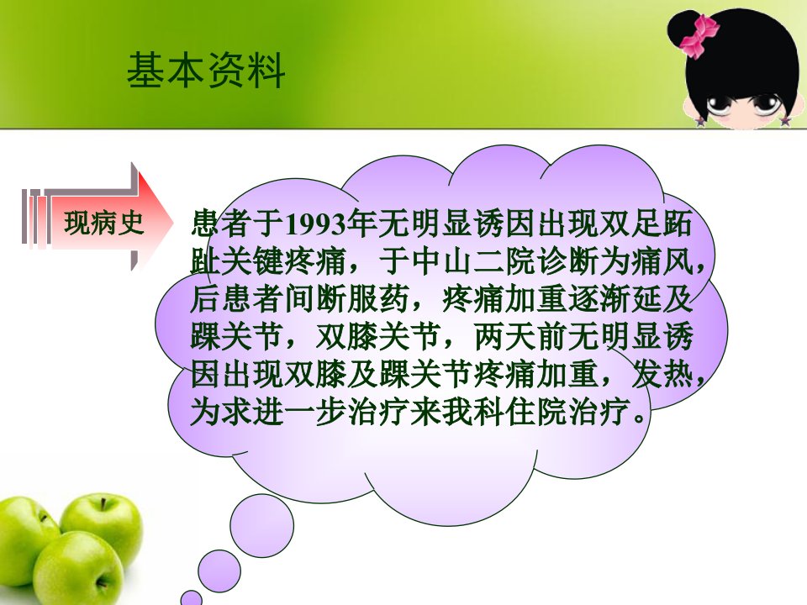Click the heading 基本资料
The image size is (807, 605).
pos(206,70)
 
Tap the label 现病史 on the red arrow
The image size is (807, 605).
pos(103,223)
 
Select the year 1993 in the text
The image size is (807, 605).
pos(315,224)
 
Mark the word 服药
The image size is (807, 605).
pos(378,299)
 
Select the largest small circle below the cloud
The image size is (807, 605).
pos(262,526)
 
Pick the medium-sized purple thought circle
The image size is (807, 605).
pos(219,571)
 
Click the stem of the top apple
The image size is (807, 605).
pos(104,503)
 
